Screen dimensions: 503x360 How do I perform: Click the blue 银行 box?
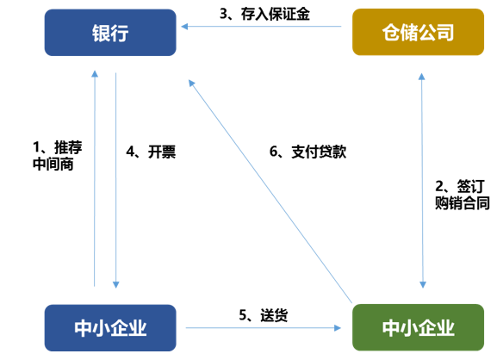(x=110, y=33)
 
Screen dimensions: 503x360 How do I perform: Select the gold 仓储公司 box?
(x=418, y=32)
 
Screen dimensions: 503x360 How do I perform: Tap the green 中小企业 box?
(x=418, y=327)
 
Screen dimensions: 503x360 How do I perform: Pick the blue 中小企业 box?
(x=110, y=328)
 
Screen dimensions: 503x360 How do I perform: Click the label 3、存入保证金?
(x=264, y=14)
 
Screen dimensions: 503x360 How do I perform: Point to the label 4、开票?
(x=151, y=152)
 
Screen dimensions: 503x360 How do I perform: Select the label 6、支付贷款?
(x=307, y=152)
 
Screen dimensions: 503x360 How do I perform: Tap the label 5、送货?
(x=263, y=315)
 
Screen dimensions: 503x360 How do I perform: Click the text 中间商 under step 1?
(x=53, y=164)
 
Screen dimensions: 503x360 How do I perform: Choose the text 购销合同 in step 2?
(x=463, y=203)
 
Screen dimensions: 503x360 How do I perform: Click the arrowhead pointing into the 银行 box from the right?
(x=184, y=27)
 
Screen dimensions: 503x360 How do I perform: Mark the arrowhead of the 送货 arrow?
(x=337, y=328)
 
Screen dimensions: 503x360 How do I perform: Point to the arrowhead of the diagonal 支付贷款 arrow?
(x=191, y=83)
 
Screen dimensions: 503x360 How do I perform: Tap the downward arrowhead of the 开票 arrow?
(x=116, y=284)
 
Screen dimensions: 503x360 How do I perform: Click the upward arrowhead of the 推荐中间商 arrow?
(x=95, y=74)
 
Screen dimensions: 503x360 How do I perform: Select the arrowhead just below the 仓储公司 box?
(x=422, y=77)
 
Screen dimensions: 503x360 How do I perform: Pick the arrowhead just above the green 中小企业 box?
(x=423, y=284)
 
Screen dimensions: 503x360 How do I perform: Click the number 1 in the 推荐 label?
(x=36, y=147)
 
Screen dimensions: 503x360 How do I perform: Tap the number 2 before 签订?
(x=439, y=186)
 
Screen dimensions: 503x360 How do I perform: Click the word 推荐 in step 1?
(x=68, y=147)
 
